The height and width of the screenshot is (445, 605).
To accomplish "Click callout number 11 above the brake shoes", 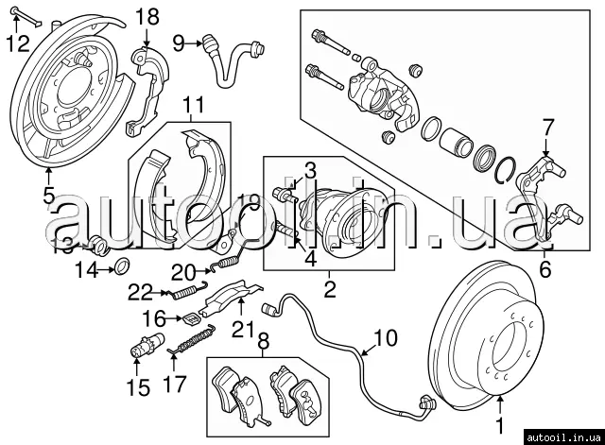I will coord(193,106).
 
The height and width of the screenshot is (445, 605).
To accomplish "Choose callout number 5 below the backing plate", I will coord(48,196).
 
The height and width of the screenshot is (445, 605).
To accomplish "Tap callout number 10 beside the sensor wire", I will coord(387,337).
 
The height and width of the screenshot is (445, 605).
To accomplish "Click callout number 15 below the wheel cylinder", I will coord(138,386).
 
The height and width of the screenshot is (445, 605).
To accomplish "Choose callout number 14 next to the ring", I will coord(86,270).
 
